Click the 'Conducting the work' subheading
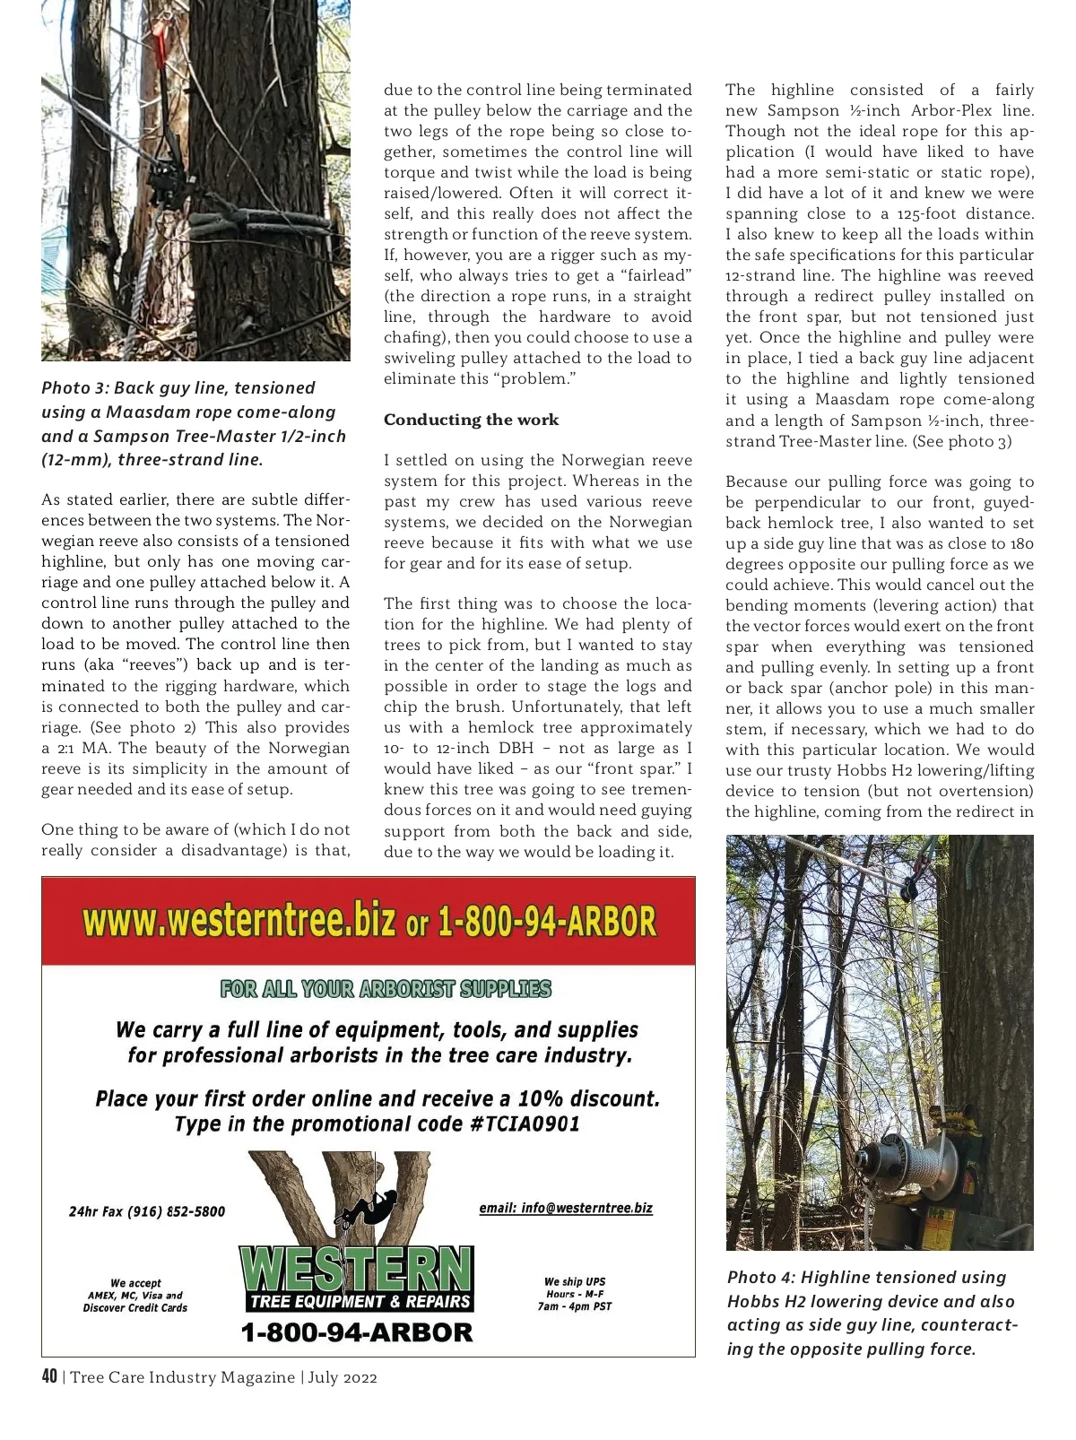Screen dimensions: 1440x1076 471,420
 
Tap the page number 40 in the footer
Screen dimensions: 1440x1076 49,1377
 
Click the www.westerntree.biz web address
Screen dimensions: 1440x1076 239,921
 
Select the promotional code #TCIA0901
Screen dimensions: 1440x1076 525,1123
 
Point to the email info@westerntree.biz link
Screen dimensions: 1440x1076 566,1208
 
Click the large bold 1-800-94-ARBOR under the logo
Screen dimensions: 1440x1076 356,1332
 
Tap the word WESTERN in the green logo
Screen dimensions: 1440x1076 356,1268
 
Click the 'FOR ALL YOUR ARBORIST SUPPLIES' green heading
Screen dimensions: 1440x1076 386,989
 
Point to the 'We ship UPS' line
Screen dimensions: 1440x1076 574,1281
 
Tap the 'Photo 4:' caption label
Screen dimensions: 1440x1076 761,1278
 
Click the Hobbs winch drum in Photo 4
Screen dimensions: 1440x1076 883,1166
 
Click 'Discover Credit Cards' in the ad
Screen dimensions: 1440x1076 135,1307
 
